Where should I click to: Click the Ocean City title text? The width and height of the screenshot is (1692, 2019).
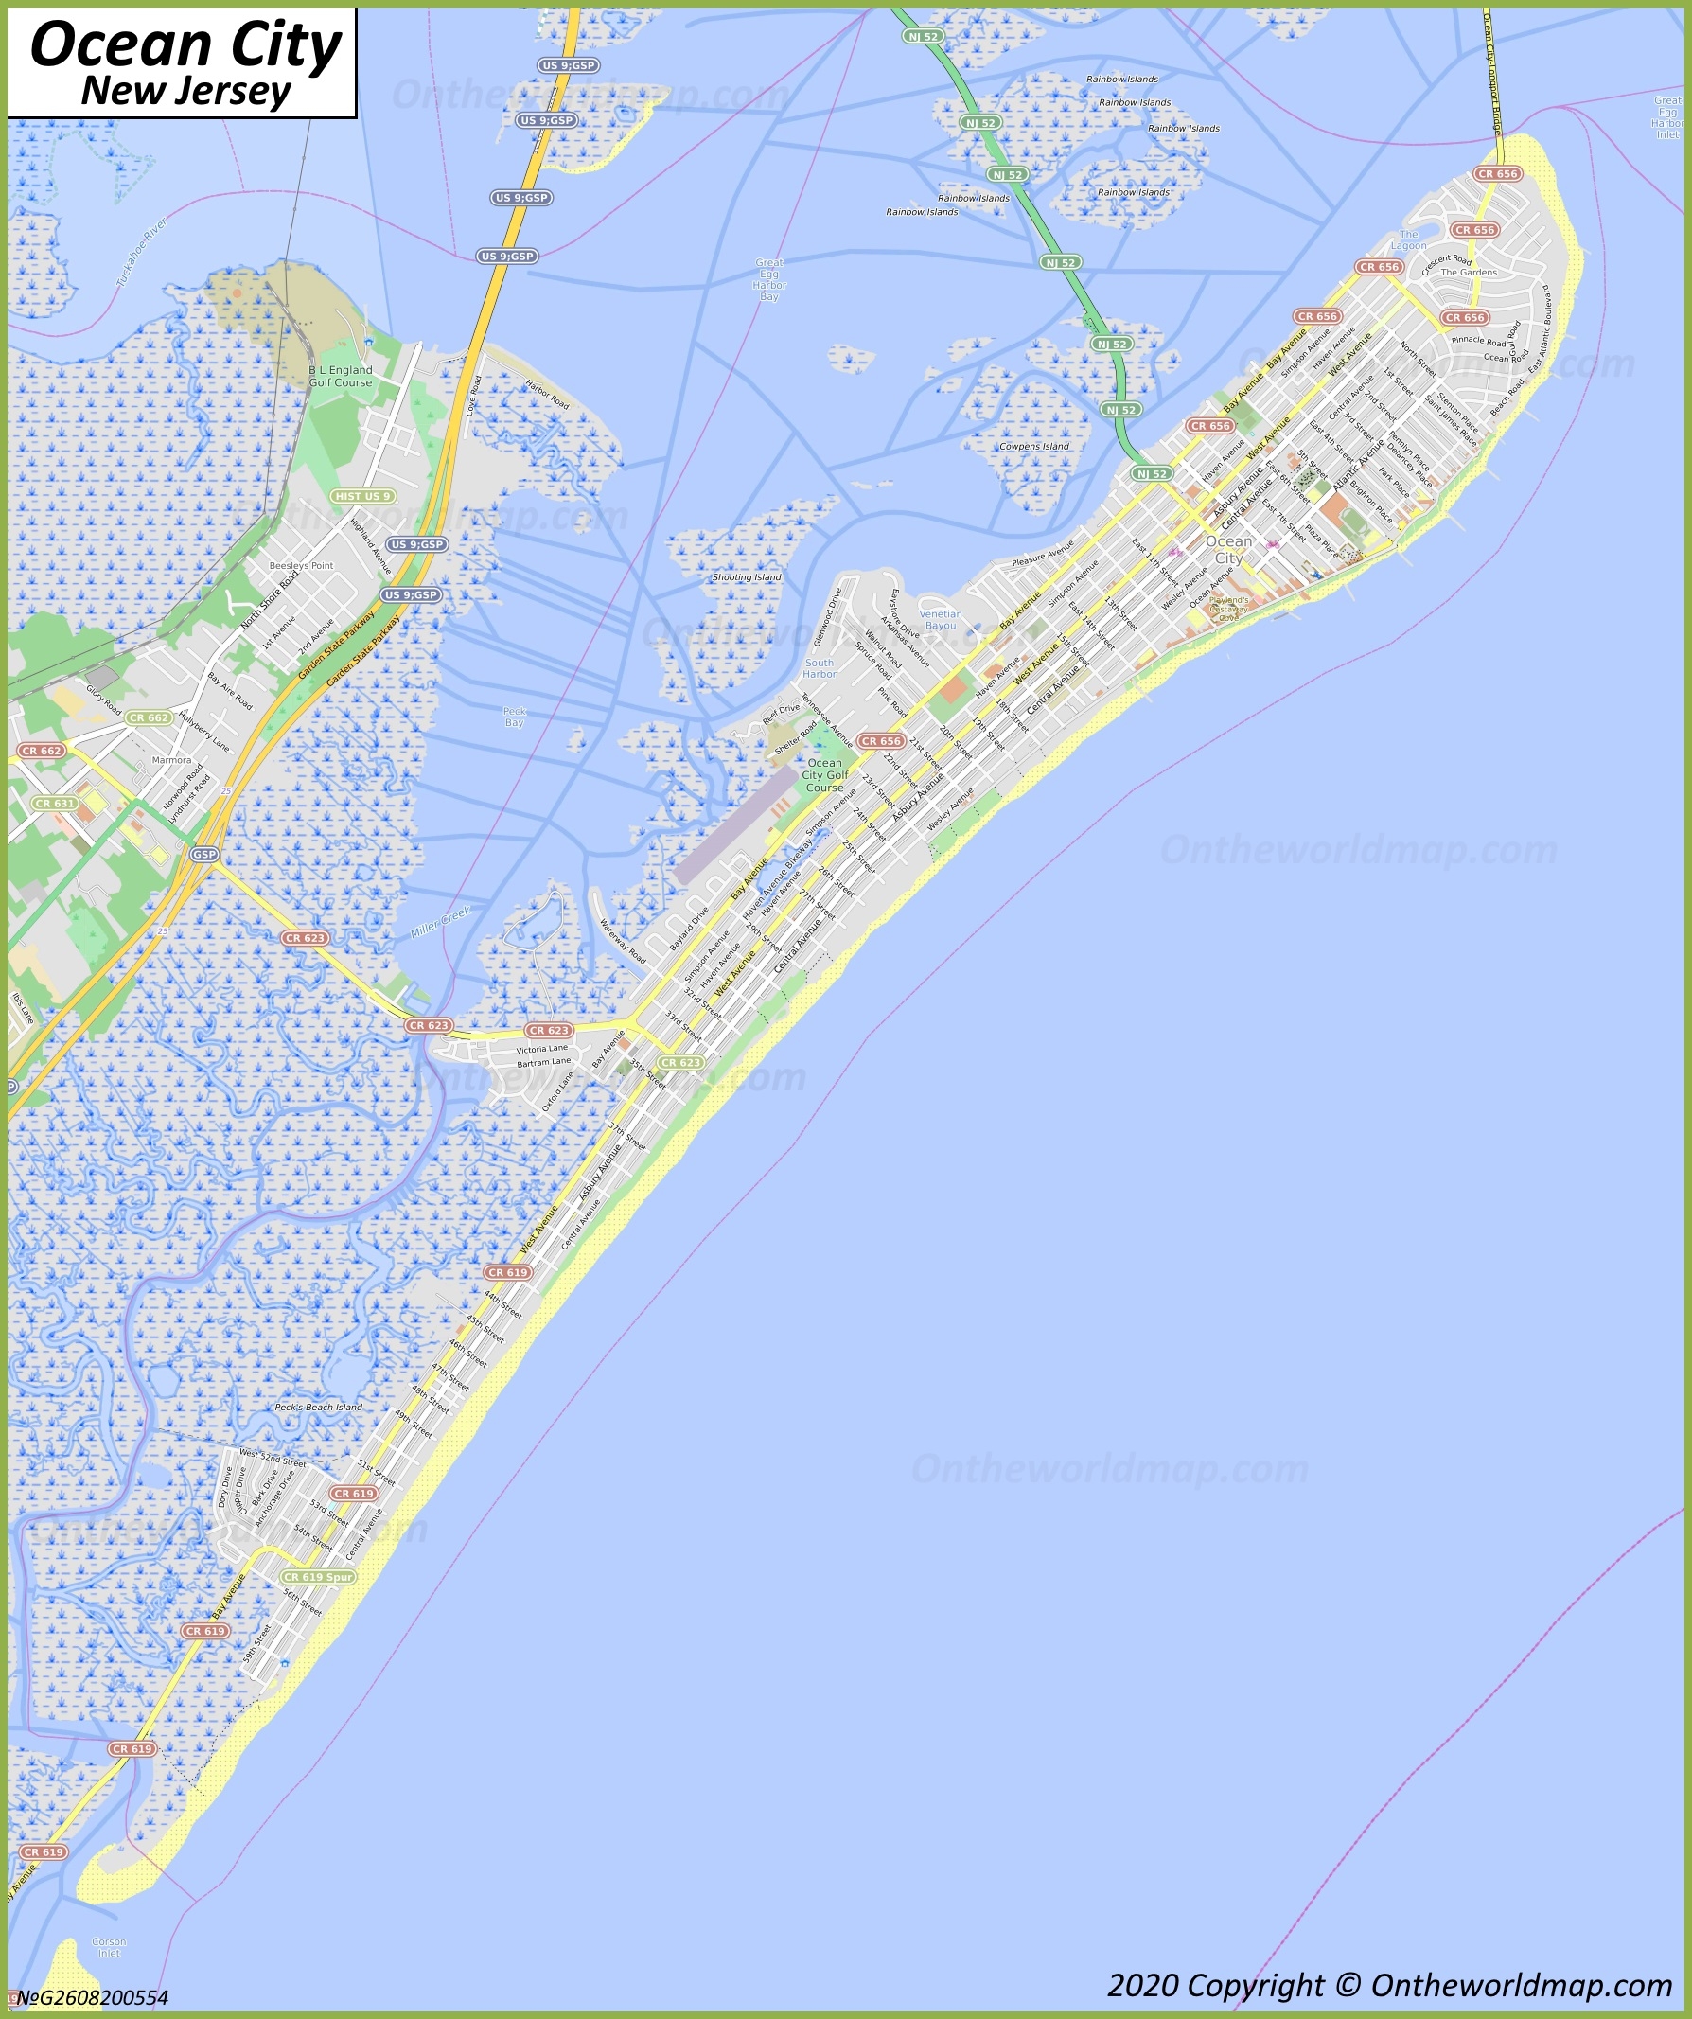pyautogui.click(x=185, y=45)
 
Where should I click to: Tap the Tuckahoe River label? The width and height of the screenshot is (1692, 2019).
pyautogui.click(x=142, y=253)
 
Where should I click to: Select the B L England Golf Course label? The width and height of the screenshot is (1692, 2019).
pyautogui.click(x=341, y=376)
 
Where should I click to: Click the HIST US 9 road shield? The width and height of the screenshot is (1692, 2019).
pyautogui.click(x=362, y=496)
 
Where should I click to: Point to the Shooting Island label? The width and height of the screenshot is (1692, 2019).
pyautogui.click(x=746, y=577)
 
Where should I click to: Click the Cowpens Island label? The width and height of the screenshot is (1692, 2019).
pyautogui.click(x=1033, y=446)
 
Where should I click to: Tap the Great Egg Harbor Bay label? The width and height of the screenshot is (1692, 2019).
pyautogui.click(x=769, y=280)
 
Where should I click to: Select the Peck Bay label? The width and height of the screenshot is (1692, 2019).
pyautogui.click(x=515, y=717)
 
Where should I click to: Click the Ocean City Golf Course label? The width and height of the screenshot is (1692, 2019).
pyautogui.click(x=825, y=775)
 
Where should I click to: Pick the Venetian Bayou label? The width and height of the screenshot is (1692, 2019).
pyautogui.click(x=941, y=620)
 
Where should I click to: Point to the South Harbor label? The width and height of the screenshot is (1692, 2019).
pyautogui.click(x=820, y=668)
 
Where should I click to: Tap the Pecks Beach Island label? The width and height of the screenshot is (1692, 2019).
pyautogui.click(x=318, y=1407)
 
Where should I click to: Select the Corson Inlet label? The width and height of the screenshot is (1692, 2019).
pyautogui.click(x=109, y=1947)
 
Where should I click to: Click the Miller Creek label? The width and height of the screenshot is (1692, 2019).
pyautogui.click(x=440, y=922)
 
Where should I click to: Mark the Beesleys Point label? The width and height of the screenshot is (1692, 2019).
pyautogui.click(x=301, y=565)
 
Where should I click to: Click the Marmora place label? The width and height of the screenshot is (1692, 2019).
pyautogui.click(x=171, y=759)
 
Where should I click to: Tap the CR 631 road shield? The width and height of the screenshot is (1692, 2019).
pyautogui.click(x=54, y=803)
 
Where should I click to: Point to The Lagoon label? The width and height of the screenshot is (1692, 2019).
pyautogui.click(x=1408, y=239)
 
